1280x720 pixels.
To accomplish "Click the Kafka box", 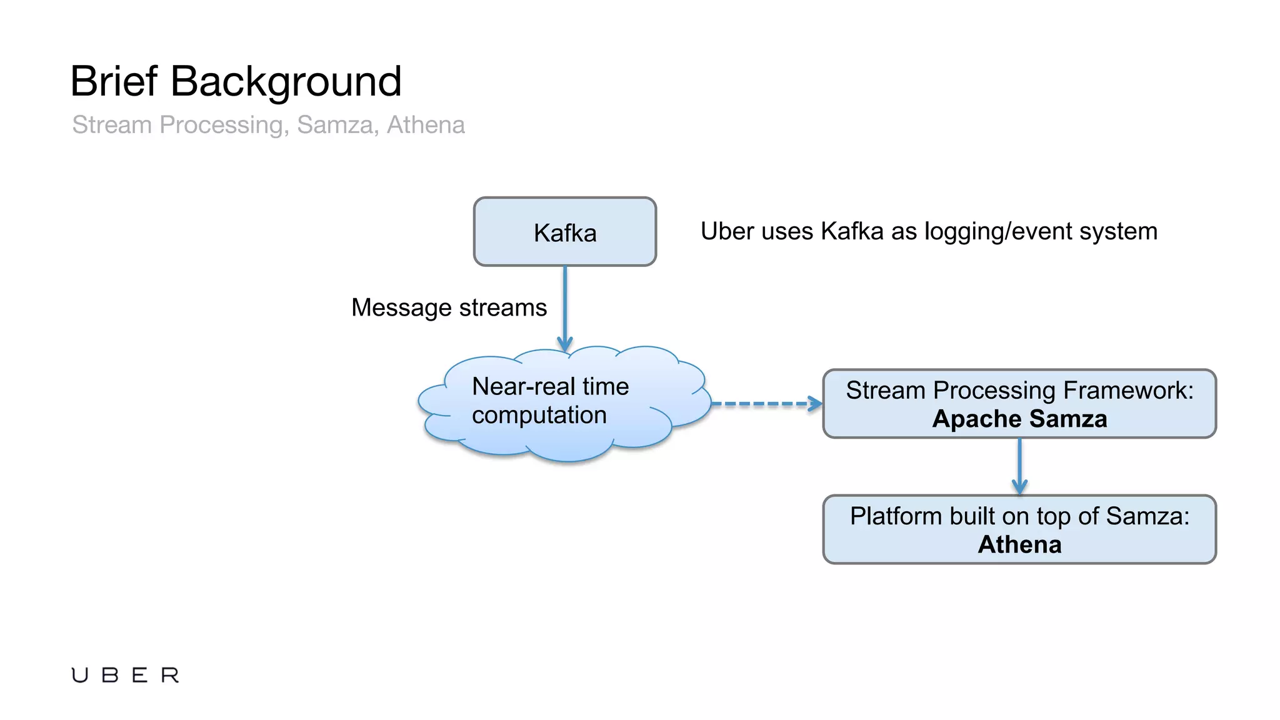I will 564,232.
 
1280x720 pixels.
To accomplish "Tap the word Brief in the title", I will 114,81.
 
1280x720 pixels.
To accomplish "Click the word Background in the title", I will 286,82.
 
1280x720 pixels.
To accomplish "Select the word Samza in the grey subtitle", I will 335,125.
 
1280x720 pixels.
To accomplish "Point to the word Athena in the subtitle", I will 426,125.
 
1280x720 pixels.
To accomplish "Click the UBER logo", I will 125,675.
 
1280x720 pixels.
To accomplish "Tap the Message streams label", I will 449,307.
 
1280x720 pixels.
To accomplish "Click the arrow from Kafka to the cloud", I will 565,306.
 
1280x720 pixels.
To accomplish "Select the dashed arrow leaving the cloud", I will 766,404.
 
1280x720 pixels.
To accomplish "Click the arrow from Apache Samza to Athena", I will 1019,466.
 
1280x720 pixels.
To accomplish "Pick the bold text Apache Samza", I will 1019,419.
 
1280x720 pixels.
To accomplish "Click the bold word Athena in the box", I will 1019,544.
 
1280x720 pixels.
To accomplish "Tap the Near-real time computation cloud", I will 562,403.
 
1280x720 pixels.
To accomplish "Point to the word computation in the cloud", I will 539,415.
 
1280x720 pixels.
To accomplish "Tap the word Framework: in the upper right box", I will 1128,390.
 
